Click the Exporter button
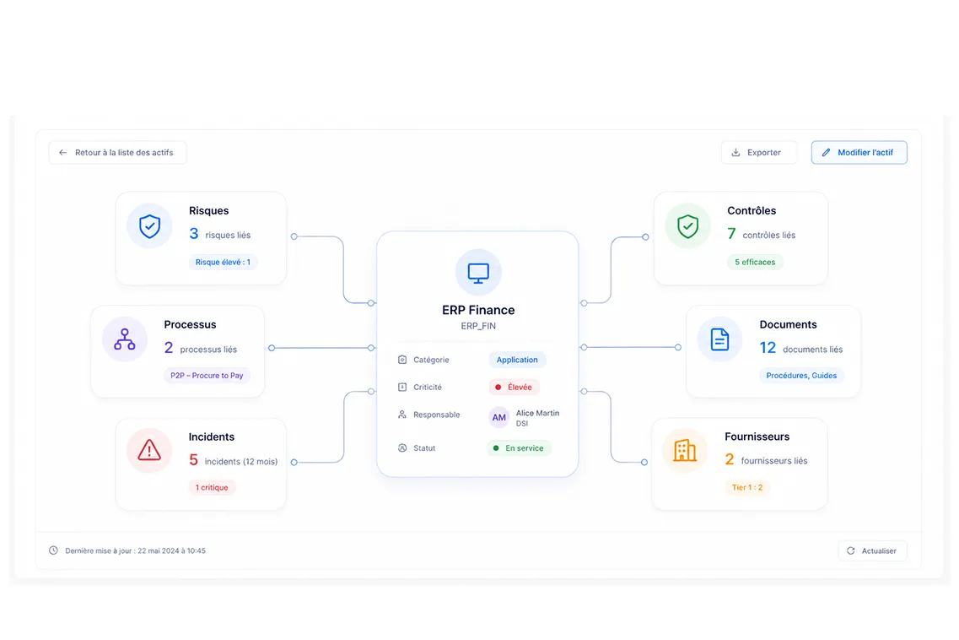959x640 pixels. click(x=759, y=153)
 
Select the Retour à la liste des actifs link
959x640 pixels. click(x=117, y=153)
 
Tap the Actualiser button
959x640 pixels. click(x=872, y=551)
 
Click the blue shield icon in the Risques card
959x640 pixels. click(x=150, y=226)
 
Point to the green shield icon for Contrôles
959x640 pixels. click(x=688, y=226)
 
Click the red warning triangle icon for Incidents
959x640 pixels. click(x=149, y=450)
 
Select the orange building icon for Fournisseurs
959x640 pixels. click(x=684, y=450)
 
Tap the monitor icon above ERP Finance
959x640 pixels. click(x=478, y=273)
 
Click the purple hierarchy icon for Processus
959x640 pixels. click(x=125, y=339)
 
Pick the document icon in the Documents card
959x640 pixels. click(x=719, y=339)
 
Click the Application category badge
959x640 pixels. click(x=517, y=360)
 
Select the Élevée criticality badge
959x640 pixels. click(x=514, y=387)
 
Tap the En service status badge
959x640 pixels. click(x=519, y=448)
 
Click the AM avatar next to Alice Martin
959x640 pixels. click(x=499, y=418)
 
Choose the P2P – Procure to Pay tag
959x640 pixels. click(x=207, y=376)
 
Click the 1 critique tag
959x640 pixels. click(x=212, y=487)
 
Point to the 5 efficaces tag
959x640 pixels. click(x=755, y=262)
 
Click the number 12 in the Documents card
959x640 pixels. click(x=768, y=348)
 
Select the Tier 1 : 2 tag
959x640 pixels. click(x=746, y=487)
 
